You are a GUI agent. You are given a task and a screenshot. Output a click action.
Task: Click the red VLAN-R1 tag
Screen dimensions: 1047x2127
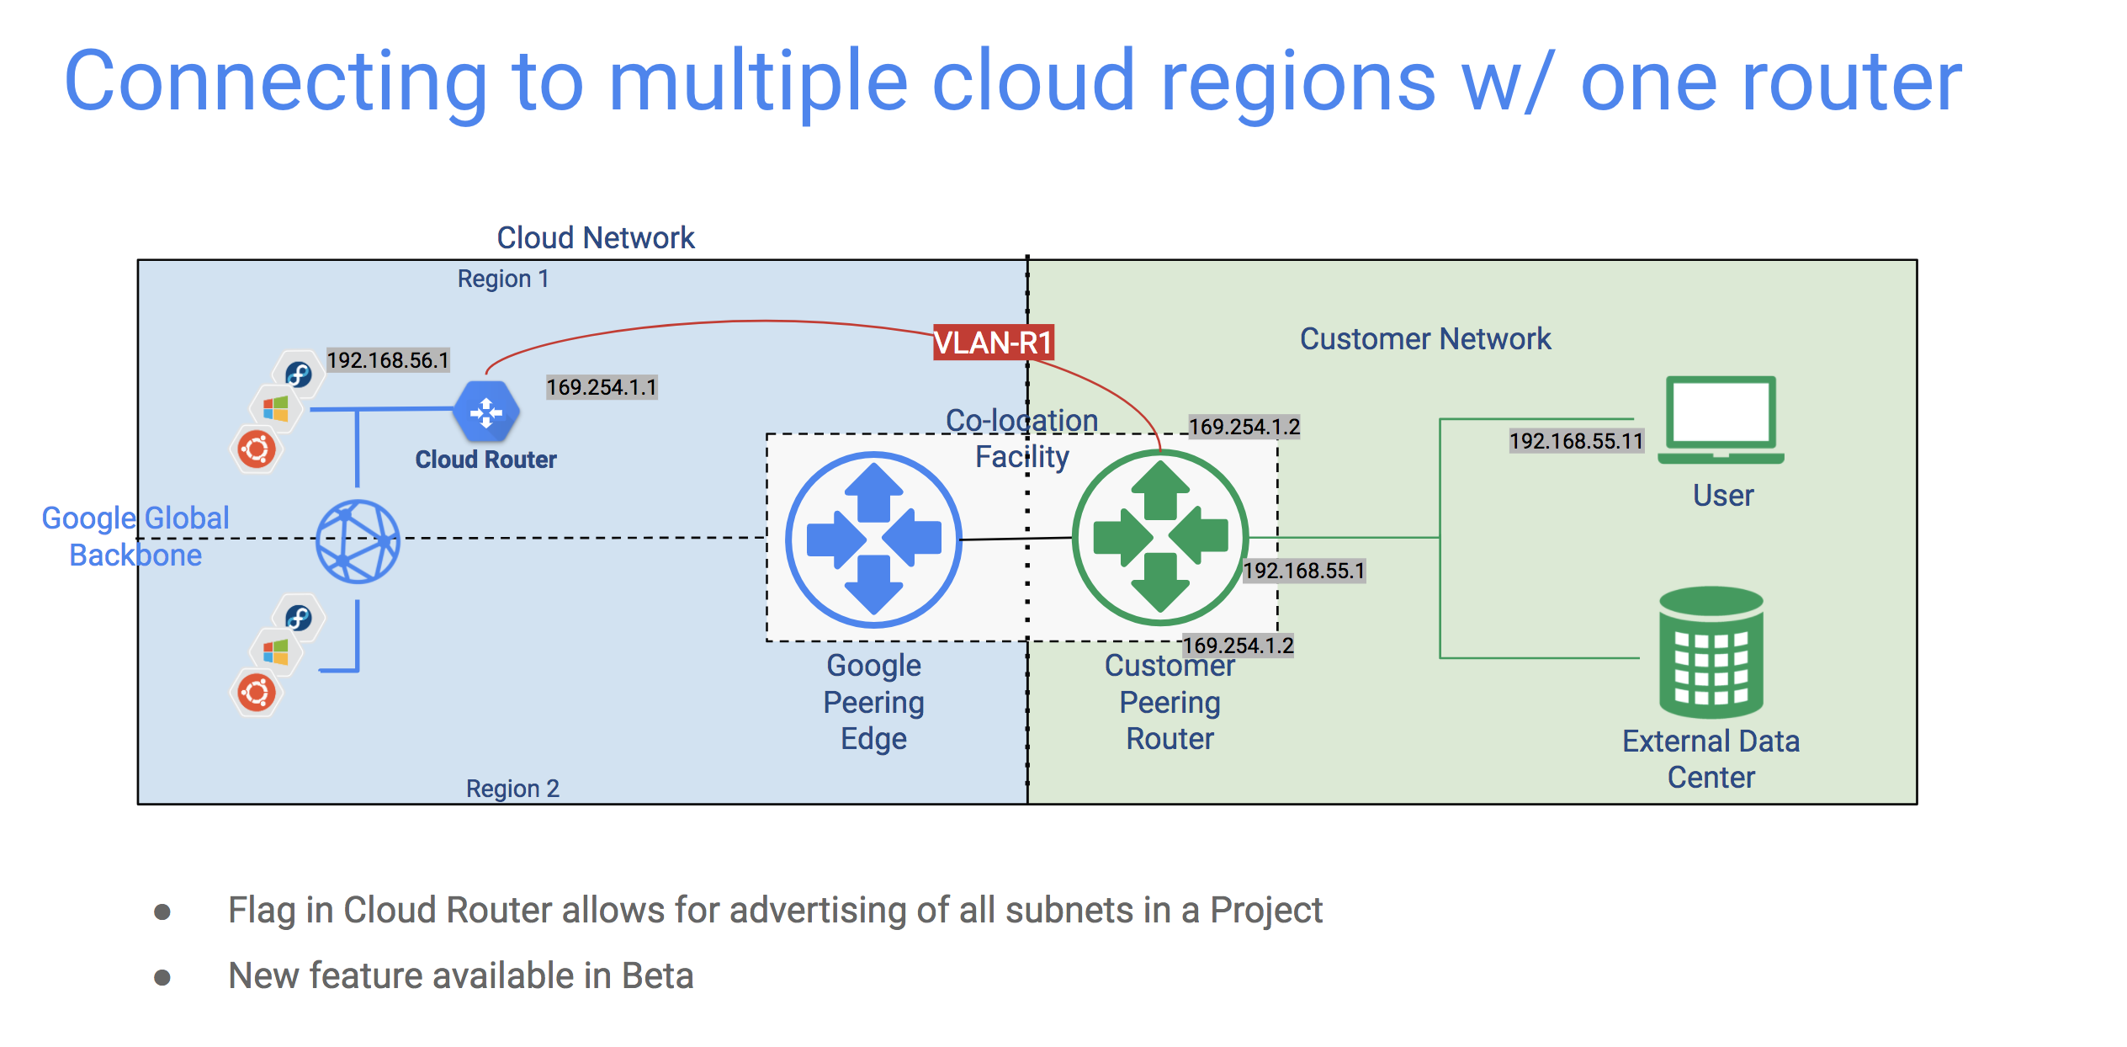point(993,343)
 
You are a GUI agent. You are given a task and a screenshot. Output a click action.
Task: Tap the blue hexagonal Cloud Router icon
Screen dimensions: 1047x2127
point(486,412)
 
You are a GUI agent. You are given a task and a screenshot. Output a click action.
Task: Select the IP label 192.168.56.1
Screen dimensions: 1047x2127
point(388,360)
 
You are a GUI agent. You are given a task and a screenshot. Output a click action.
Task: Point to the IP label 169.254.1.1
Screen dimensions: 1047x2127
point(602,387)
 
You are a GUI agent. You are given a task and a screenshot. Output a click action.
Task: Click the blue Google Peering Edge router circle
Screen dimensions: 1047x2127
point(873,539)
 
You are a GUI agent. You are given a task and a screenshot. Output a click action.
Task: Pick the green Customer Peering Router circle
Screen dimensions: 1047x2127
point(1160,538)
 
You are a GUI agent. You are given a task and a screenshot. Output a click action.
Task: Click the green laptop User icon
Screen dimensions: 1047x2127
point(1721,420)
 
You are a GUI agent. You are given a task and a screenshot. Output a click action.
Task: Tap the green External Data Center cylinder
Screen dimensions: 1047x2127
point(1711,651)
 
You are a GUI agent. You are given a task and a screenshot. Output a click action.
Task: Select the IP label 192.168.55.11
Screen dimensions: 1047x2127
point(1576,441)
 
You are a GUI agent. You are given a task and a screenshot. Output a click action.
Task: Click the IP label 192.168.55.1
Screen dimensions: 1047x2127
point(1304,571)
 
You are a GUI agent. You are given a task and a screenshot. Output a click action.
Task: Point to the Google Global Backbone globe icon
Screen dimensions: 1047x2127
point(358,542)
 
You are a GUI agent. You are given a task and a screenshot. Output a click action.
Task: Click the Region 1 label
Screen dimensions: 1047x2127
point(503,279)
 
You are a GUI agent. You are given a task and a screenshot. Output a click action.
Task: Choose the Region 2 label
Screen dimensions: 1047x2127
point(512,789)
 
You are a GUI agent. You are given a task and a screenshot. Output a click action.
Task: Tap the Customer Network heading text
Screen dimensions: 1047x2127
point(1425,338)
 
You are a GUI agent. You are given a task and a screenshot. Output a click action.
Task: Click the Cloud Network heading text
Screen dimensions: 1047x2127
point(596,237)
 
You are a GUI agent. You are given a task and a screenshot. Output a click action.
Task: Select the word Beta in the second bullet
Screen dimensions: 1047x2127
point(657,975)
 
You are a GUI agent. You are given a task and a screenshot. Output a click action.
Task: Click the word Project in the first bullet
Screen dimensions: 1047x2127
point(1266,910)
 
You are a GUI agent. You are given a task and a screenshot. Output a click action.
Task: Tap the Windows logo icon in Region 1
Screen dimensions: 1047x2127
point(276,409)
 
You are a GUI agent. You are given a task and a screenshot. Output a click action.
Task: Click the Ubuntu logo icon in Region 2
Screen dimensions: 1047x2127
point(257,694)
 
